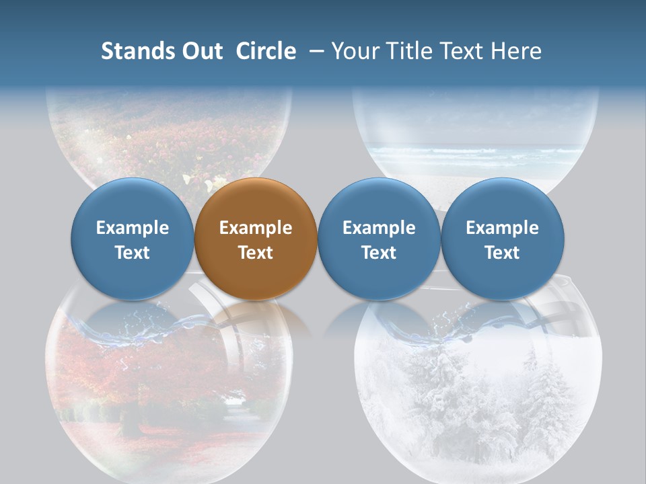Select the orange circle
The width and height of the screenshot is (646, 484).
click(x=256, y=239)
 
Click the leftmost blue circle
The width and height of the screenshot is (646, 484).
click(x=133, y=239)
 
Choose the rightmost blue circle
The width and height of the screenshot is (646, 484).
click(x=503, y=239)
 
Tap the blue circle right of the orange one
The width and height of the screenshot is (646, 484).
click(x=379, y=239)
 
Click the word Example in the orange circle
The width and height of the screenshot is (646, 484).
click(x=256, y=228)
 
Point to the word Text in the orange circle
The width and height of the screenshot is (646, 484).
click(x=256, y=253)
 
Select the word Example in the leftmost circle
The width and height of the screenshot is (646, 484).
click(x=133, y=228)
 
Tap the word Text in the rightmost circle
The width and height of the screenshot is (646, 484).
click(x=503, y=253)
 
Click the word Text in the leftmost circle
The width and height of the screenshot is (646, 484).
click(x=133, y=253)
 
